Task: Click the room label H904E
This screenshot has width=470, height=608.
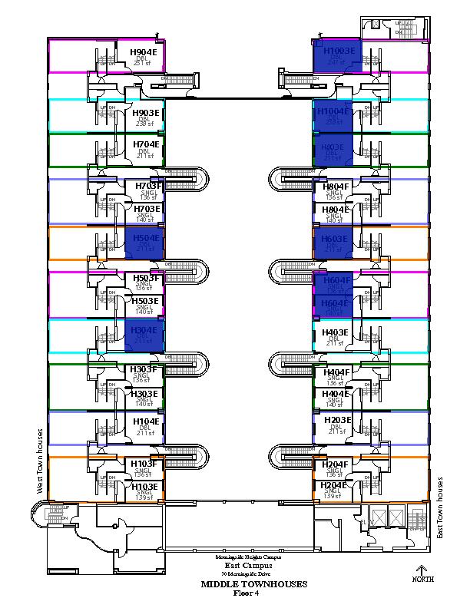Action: point(144,52)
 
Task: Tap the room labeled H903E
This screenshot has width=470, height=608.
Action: point(144,113)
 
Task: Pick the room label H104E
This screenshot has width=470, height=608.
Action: point(144,421)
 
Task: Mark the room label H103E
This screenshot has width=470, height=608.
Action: point(144,487)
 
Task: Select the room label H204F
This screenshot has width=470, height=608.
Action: point(335,464)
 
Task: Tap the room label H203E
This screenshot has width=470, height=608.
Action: point(336,421)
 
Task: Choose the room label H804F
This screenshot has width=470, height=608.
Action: point(335,186)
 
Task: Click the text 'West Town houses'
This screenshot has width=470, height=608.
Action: point(36,461)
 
